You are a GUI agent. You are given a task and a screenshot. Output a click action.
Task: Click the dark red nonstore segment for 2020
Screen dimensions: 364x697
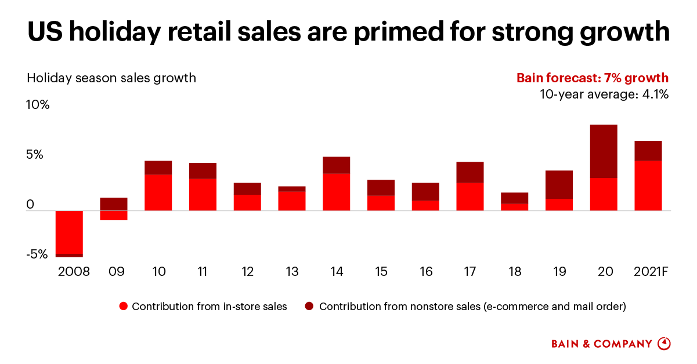[604, 151]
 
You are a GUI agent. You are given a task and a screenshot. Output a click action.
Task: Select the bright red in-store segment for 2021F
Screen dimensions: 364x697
[648, 185]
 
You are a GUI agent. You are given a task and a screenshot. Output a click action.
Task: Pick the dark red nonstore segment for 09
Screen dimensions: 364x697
[114, 204]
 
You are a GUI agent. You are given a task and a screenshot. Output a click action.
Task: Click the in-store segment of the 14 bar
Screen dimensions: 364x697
[337, 192]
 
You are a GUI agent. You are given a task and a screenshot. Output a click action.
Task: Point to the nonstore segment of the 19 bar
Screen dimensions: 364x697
[559, 184]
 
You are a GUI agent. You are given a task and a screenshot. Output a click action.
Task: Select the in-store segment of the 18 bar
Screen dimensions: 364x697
[514, 207]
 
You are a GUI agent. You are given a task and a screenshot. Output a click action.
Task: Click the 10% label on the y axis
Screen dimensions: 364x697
[38, 105]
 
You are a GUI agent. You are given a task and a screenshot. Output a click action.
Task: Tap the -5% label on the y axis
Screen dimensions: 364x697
[37, 254]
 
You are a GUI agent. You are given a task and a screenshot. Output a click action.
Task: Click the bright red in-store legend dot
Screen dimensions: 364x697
[122, 307]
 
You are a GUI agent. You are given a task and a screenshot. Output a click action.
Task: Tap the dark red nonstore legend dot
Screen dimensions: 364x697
[309, 307]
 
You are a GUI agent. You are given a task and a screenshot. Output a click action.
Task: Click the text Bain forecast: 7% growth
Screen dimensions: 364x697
[593, 78]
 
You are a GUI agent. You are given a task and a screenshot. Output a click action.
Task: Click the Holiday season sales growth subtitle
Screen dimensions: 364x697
[111, 78]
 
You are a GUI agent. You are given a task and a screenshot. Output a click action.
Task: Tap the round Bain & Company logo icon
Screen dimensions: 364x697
[664, 344]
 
